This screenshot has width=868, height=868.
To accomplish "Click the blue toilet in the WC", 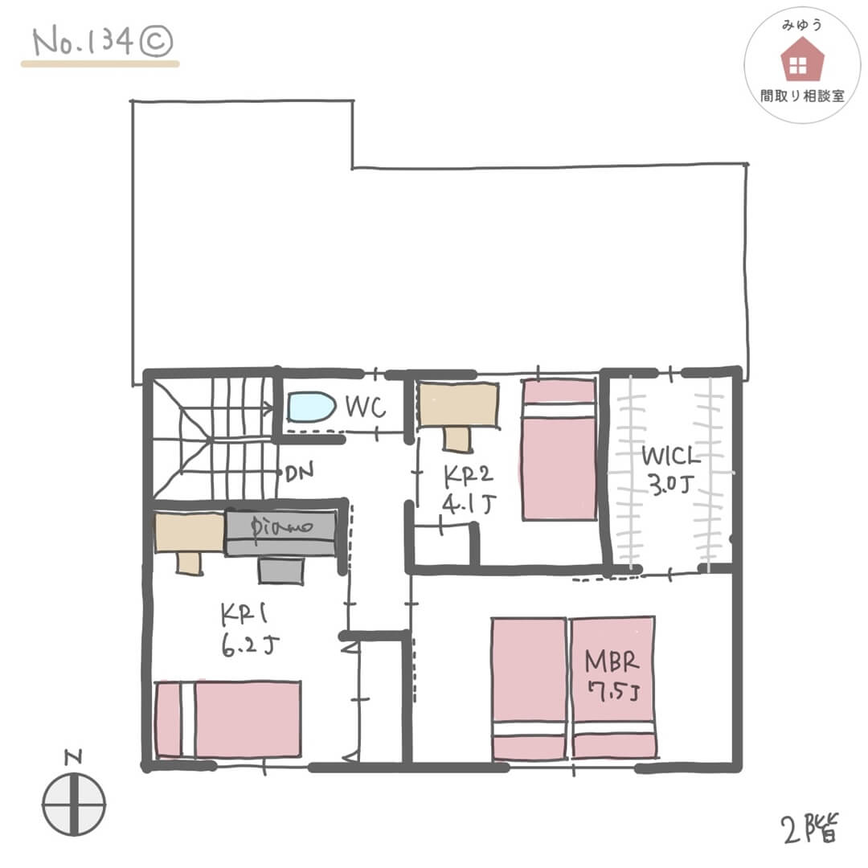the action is coord(310,407).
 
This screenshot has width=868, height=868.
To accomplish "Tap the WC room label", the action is coord(366,407).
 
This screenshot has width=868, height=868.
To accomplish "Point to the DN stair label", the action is coord(300,471).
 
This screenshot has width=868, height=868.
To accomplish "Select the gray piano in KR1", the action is coord(280,532).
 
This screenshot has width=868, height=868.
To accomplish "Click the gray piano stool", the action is coord(280,570).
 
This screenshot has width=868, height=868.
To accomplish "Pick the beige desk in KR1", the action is coord(190,533).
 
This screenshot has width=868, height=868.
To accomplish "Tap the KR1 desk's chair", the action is coord(189,563).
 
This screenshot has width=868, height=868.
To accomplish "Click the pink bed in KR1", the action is coord(228,719).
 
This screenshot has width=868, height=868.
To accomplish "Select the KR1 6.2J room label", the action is coord(248,629).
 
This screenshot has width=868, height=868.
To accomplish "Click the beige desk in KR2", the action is coord(458,405).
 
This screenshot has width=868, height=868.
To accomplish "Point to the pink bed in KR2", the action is coord(559,449).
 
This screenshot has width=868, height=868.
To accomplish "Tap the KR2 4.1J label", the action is coord(469,489).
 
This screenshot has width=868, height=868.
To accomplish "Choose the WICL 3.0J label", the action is coord(670,470).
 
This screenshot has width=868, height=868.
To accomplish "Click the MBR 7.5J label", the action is coord(612,676).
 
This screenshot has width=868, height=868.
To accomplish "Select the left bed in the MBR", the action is coord(529,689).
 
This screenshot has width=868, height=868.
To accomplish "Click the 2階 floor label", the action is coord(810,828).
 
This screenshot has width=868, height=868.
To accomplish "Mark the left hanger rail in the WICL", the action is coord(629,473).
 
